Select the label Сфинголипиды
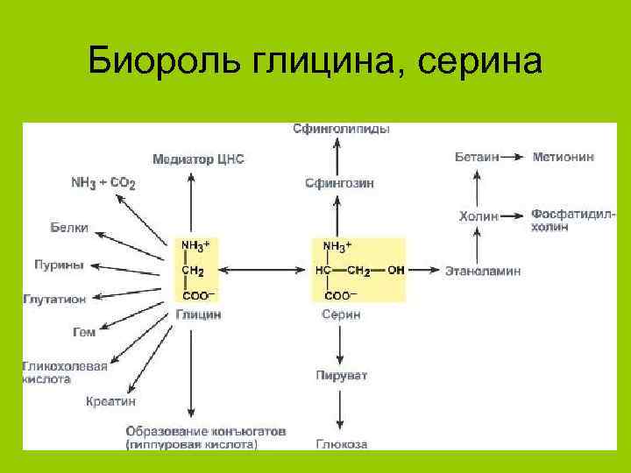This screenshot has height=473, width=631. [341, 130]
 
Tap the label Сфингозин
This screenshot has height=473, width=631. [339, 184]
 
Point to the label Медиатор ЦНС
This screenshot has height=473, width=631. [198, 160]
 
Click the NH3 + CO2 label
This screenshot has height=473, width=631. [103, 183]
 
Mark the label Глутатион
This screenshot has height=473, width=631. [54, 299]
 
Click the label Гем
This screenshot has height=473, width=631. [83, 332]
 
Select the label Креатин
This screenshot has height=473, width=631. [110, 401]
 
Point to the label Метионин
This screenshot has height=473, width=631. [564, 157]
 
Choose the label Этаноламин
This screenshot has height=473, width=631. [483, 271]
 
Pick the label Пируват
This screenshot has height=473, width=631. [341, 376]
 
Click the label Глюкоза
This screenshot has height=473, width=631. [341, 444]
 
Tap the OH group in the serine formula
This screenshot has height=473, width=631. [396, 271]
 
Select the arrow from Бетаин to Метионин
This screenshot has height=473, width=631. [514, 157]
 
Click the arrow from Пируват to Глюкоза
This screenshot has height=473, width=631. [340, 410]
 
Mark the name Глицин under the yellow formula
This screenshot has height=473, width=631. [198, 314]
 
